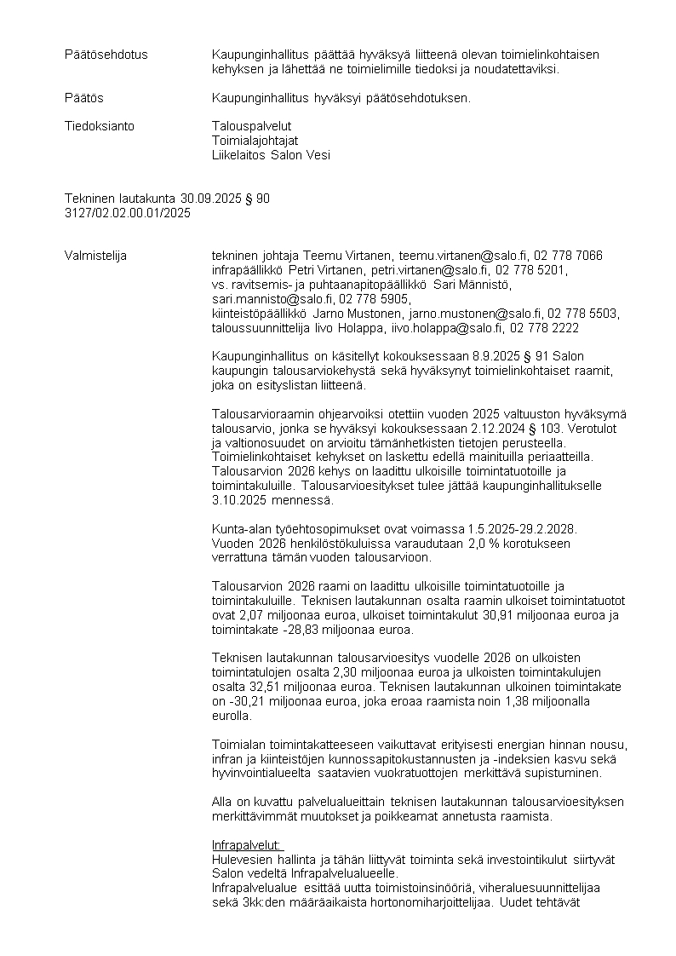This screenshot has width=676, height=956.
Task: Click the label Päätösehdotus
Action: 106,55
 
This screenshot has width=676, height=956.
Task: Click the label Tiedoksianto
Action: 100,126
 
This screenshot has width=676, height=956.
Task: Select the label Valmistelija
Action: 97,255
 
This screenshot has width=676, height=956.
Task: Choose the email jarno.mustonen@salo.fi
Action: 471,314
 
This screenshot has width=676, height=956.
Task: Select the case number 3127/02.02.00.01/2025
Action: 128,213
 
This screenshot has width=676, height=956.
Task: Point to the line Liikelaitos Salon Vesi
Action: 271,155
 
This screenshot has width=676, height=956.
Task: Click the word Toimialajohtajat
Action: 255,141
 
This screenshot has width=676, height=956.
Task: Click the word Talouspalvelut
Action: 251,126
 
